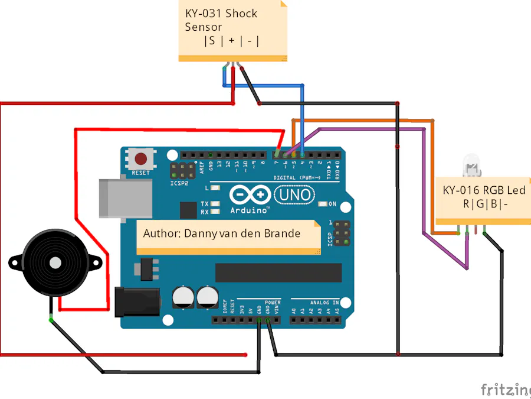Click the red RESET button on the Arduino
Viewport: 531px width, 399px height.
coord(141,159)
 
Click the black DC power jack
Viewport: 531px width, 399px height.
coord(136,301)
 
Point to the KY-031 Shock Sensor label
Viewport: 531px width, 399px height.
coord(221,20)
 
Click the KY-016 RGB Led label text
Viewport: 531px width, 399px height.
coord(484,190)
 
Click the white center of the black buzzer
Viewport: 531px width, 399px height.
coord(55,262)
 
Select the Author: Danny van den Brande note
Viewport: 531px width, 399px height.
coord(222,233)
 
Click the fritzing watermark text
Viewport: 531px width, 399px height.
coord(504,390)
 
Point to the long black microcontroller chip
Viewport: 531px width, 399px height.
coord(278,273)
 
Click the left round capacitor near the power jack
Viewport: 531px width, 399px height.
coord(183,297)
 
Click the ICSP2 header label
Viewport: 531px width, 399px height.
coord(179,183)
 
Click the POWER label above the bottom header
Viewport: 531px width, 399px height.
coord(273,302)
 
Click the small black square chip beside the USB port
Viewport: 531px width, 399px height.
coord(188,210)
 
